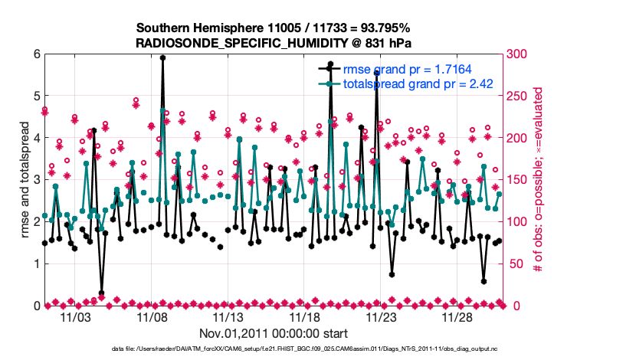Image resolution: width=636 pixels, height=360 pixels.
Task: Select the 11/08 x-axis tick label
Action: pos(152,316)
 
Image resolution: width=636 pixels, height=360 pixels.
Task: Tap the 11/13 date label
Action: pos(228,316)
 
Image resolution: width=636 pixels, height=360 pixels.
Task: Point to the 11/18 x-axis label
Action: pos(305,316)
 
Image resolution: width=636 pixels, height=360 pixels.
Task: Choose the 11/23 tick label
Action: pos(381,316)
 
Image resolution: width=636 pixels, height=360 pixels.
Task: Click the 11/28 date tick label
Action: pos(457,316)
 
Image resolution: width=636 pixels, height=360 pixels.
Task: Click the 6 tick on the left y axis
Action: pos(35,54)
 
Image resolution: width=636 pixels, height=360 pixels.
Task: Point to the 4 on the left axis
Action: pos(35,138)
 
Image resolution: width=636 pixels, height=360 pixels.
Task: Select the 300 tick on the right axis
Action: pos(516,54)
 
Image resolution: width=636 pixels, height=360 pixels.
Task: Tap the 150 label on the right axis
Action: pos(516,180)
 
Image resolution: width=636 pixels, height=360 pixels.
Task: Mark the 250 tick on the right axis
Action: pos(516,96)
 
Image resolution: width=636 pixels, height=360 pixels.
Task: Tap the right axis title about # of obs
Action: pos(538,180)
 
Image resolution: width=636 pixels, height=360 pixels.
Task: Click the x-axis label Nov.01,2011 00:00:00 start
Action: pos(274,333)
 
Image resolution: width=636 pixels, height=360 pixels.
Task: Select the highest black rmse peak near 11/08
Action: pos(162,57)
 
